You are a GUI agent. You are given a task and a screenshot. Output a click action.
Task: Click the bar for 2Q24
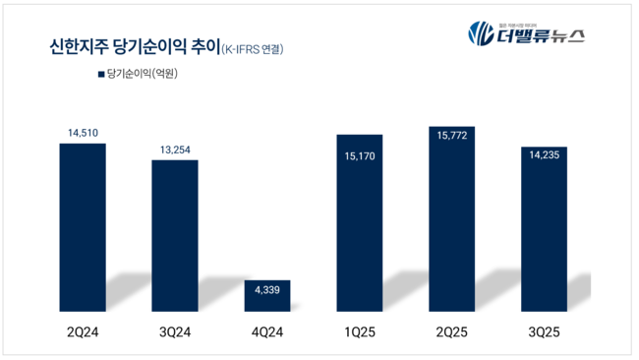pos(83,226)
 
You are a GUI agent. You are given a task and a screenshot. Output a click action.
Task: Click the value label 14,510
pos(83,131)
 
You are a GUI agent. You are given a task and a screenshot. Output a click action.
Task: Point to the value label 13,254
pos(174,149)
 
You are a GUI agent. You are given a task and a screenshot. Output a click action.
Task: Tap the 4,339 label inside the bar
pos(266,289)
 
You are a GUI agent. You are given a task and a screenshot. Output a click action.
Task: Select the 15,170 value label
pos(360,154)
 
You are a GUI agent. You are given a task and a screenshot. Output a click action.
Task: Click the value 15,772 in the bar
pos(452,145)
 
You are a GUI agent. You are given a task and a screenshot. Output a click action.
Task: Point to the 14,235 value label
pos(543,155)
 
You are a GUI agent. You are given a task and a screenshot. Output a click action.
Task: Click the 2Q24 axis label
pos(83,331)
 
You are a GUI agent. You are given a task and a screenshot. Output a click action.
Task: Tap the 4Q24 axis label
pos(266,331)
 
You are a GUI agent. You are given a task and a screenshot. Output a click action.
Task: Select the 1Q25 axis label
pos(360,331)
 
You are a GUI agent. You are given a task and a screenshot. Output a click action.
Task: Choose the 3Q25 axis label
pos(543,331)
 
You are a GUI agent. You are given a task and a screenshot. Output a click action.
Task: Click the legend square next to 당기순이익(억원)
pos(100,73)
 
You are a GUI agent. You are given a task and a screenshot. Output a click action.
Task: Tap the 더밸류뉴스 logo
pos(526,34)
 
